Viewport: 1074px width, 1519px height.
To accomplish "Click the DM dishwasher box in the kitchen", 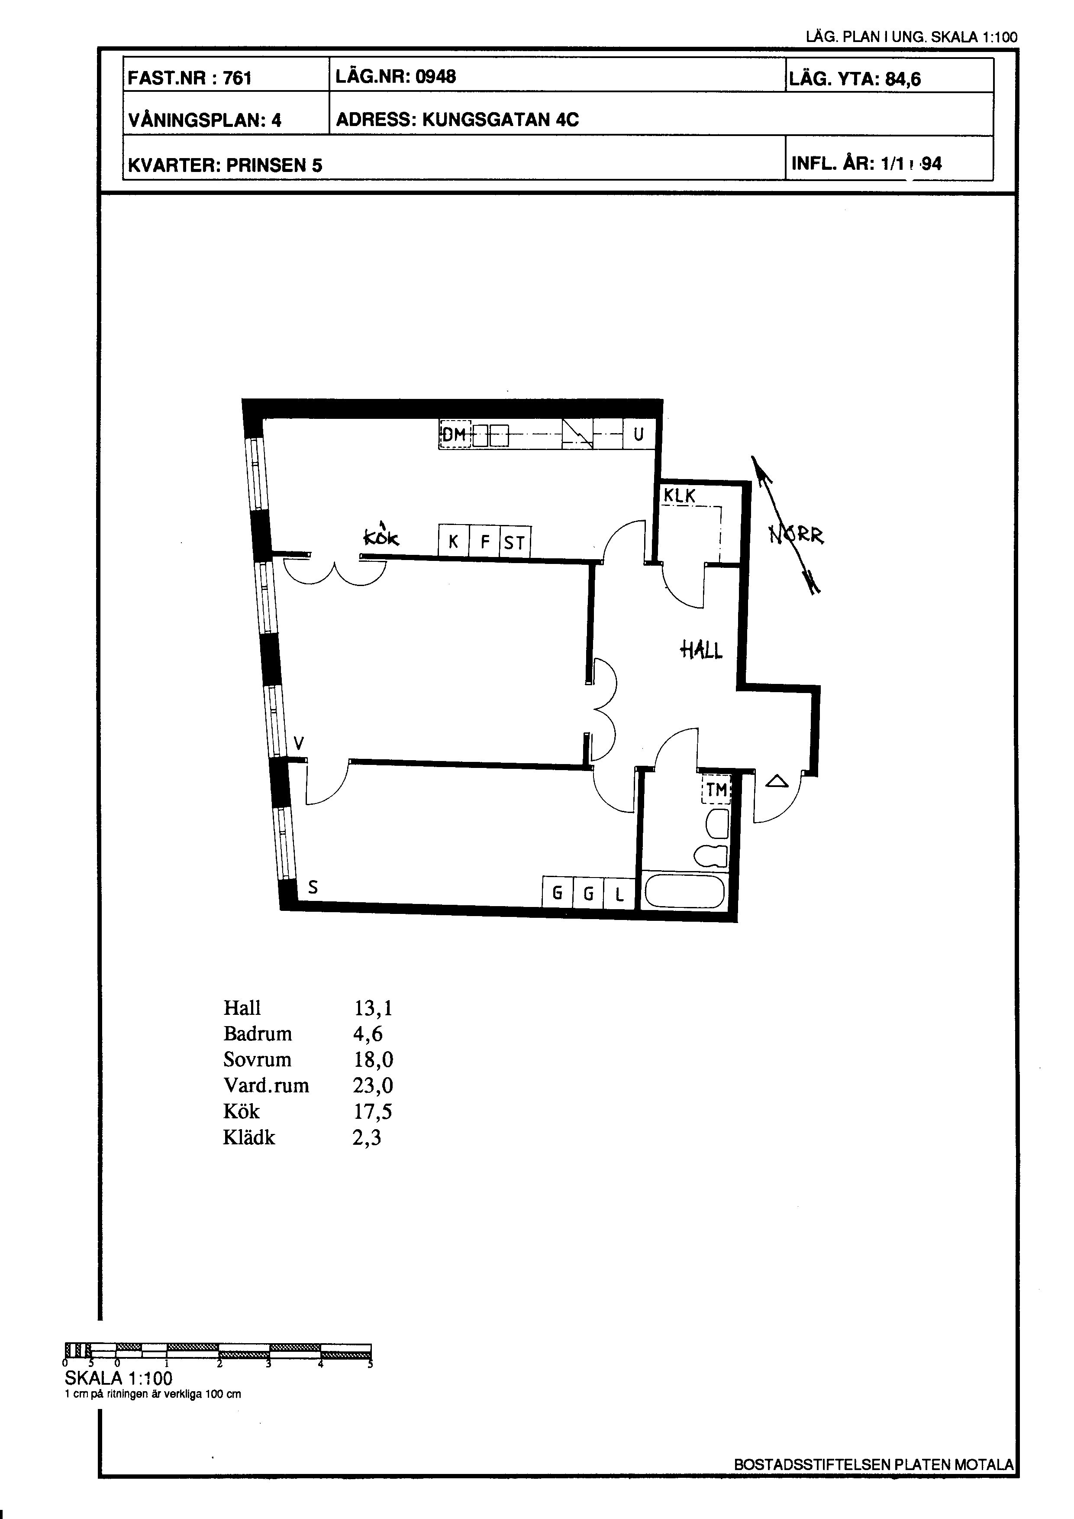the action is point(455,435).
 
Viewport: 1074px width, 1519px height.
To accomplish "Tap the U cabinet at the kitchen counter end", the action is point(639,435).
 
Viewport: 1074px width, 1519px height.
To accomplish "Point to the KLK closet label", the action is point(680,496).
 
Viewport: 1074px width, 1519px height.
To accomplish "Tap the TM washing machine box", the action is point(716,789).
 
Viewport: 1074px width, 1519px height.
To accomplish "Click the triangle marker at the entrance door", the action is point(777,781).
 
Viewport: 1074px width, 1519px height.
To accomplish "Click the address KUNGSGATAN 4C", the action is point(500,120).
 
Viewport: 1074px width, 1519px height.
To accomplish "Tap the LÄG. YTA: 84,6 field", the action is point(855,79).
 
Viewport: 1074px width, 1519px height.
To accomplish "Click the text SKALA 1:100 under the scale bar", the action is point(118,1378).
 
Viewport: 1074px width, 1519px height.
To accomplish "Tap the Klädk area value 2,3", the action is point(367,1137).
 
